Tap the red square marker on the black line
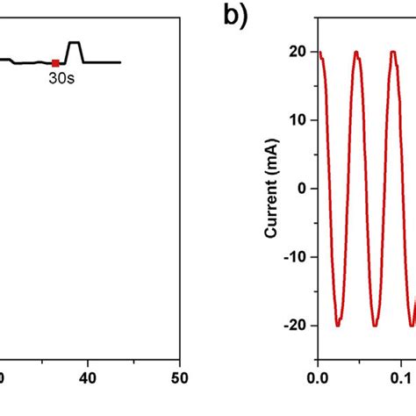[55, 62]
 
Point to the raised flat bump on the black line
[75, 43]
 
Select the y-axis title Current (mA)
[273, 188]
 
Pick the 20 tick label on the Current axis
[297, 52]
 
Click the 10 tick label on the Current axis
[297, 120]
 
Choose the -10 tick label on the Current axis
[294, 256]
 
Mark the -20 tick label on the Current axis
[294, 325]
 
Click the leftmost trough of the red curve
[338, 325]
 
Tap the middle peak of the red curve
[356, 53]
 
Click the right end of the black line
[119, 62]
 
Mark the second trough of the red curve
[375, 325]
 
